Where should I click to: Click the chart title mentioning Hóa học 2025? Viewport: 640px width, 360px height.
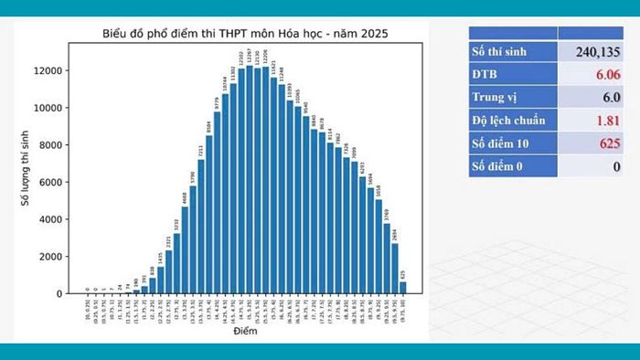[244, 35]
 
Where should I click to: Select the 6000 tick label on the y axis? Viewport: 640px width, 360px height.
[51, 182]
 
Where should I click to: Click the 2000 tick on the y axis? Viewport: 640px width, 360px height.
[51, 257]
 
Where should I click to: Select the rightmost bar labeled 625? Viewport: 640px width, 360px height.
[402, 287]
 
